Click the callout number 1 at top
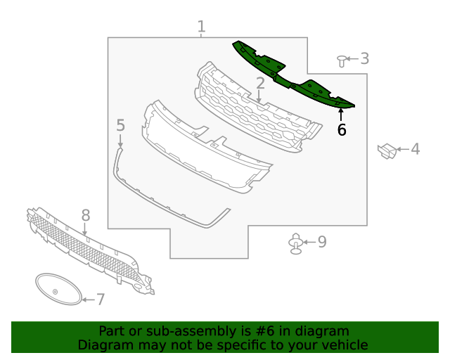tap(201, 27)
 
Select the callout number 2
tap(260, 84)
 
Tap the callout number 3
tap(364, 58)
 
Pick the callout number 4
tap(415, 148)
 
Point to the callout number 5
tap(120, 125)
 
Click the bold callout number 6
tap(342, 130)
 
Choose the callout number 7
tap(101, 300)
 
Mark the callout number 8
tap(85, 214)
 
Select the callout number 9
tap(322, 242)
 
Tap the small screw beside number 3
tap(342, 60)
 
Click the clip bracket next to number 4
tap(387, 150)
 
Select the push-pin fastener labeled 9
tap(297, 244)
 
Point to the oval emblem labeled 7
tap(58, 289)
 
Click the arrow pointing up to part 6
tap(342, 114)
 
